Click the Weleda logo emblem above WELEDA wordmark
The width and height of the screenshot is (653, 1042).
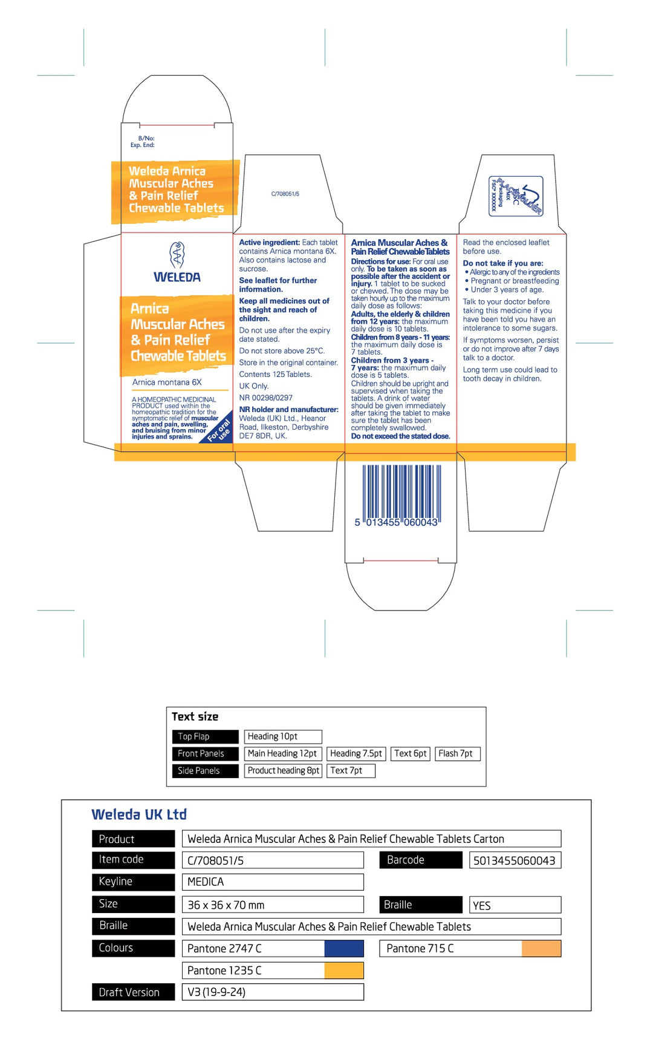pos(177,255)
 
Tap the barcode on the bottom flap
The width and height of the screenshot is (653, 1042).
pos(401,491)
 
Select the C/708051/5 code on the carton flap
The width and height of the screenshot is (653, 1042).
pos(285,194)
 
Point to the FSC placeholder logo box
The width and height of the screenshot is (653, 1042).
pos(516,195)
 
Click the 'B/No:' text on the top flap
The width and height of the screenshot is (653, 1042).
pos(146,139)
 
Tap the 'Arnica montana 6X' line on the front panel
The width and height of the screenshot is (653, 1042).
pos(167,382)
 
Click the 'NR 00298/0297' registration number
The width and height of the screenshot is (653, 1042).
pos(265,398)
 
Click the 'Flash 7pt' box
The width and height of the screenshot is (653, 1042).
pos(457,753)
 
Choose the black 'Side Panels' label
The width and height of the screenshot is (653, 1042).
pos(204,770)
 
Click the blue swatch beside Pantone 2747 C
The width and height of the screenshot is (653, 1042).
pos(343,948)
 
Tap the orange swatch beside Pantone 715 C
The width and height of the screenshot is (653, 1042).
pos(541,948)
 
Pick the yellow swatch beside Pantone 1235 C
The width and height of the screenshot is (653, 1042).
pos(343,971)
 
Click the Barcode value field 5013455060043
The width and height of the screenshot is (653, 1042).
pos(515,860)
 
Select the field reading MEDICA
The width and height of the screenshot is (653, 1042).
pos(272,882)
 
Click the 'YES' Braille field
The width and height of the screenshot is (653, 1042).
pos(515,905)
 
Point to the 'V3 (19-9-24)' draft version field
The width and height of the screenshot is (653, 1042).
pos(272,992)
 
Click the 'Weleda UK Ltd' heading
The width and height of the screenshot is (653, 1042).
pos(139,814)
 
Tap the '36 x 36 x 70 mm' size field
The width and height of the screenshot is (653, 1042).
pos(272,905)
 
